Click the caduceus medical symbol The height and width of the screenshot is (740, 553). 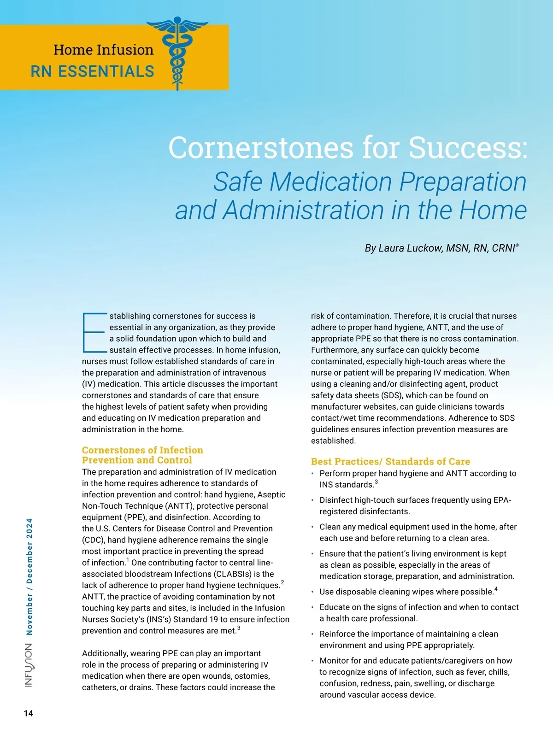pos(177,53)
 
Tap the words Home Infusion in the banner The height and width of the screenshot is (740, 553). pos(103,50)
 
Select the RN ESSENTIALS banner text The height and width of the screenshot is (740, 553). pos(93,72)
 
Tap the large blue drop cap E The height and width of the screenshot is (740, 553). pos(94,333)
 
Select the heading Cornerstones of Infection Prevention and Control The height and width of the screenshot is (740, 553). pos(142,455)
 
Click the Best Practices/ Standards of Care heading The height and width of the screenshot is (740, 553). pos(390,461)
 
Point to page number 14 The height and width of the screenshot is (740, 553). pos(29,713)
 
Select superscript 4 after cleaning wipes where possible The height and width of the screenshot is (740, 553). pos(496,589)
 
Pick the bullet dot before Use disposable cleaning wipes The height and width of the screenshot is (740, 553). pos(312,592)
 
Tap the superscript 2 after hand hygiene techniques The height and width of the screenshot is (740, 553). pos(282,582)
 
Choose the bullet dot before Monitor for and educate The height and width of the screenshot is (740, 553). pos(312,661)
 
